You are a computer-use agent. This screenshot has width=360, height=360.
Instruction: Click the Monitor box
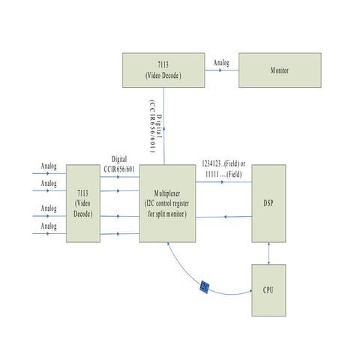click(x=280, y=70)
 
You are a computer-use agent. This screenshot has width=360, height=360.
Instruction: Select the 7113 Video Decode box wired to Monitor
click(x=163, y=71)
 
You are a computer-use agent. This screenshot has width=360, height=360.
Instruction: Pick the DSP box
click(x=268, y=202)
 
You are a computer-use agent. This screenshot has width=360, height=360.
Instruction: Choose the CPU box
click(x=268, y=290)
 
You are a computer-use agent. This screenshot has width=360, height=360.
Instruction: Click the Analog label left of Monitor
click(x=222, y=62)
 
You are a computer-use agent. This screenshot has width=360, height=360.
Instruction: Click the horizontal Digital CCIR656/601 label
click(x=119, y=164)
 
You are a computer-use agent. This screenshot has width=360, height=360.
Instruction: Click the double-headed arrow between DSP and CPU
click(x=268, y=253)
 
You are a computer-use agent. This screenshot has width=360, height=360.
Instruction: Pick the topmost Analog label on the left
click(x=49, y=166)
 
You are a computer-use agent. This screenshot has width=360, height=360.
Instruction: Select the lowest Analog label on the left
click(x=49, y=226)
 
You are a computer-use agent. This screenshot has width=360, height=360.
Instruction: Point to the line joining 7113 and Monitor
click(x=222, y=71)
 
